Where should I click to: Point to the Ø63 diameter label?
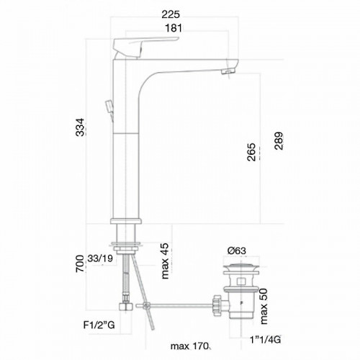click(237, 251)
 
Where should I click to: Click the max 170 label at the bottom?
click(189, 344)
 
